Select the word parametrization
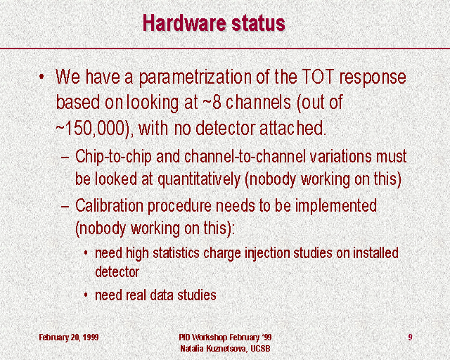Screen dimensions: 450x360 (195, 78)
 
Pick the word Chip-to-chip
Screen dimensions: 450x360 (113, 157)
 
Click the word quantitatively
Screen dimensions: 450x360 (199, 180)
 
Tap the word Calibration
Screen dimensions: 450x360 (110, 206)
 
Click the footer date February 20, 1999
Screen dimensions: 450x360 (69, 337)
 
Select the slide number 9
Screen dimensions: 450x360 (410, 337)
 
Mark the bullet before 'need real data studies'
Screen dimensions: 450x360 (86, 295)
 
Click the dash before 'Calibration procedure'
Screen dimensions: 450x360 (65, 207)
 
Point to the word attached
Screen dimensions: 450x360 (293, 128)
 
